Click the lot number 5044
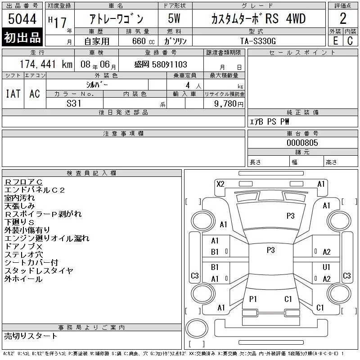tap(22, 19)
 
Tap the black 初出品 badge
tap(22, 37)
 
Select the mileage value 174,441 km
tap(46, 64)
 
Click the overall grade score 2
tap(343, 18)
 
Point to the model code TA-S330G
tap(258, 41)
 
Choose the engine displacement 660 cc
tap(143, 41)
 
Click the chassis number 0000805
tap(302, 143)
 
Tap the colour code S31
tap(74, 103)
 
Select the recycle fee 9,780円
tap(229, 104)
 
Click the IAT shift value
tap(13, 94)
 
